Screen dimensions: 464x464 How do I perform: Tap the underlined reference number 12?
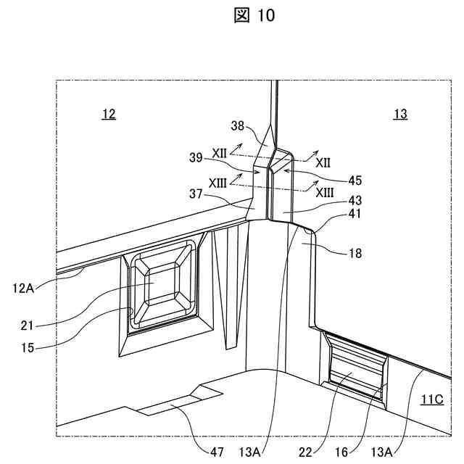point(108,114)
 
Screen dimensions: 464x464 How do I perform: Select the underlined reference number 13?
point(399,114)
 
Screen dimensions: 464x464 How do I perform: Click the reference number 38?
point(238,125)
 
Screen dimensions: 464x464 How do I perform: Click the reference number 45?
point(355,180)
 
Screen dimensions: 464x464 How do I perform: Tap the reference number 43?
point(355,199)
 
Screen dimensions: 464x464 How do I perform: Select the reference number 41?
point(355,215)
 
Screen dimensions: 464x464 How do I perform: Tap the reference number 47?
point(217,452)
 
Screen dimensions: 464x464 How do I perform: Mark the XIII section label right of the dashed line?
point(324,191)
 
